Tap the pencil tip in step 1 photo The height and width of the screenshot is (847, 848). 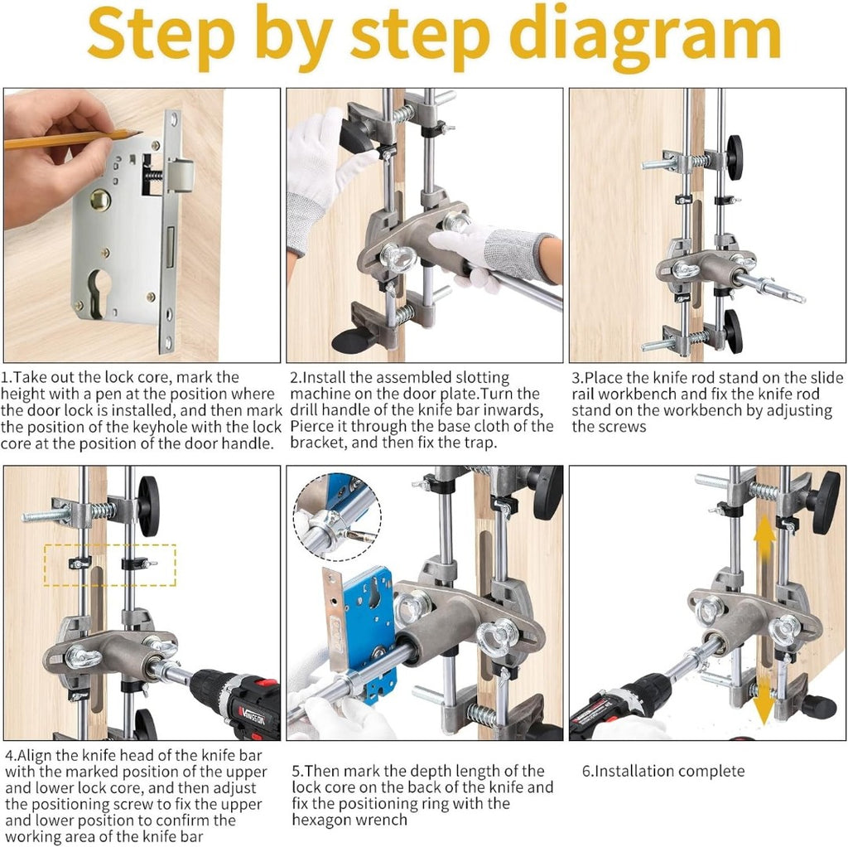(141, 132)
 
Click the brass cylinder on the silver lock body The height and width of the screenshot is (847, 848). (100, 200)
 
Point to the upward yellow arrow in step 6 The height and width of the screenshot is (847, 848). (764, 539)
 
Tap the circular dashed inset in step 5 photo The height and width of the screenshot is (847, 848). (338, 517)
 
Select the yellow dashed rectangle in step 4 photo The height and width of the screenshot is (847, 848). (110, 565)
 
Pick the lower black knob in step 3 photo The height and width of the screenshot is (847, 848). (733, 331)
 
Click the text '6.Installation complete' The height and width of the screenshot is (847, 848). (663, 771)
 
